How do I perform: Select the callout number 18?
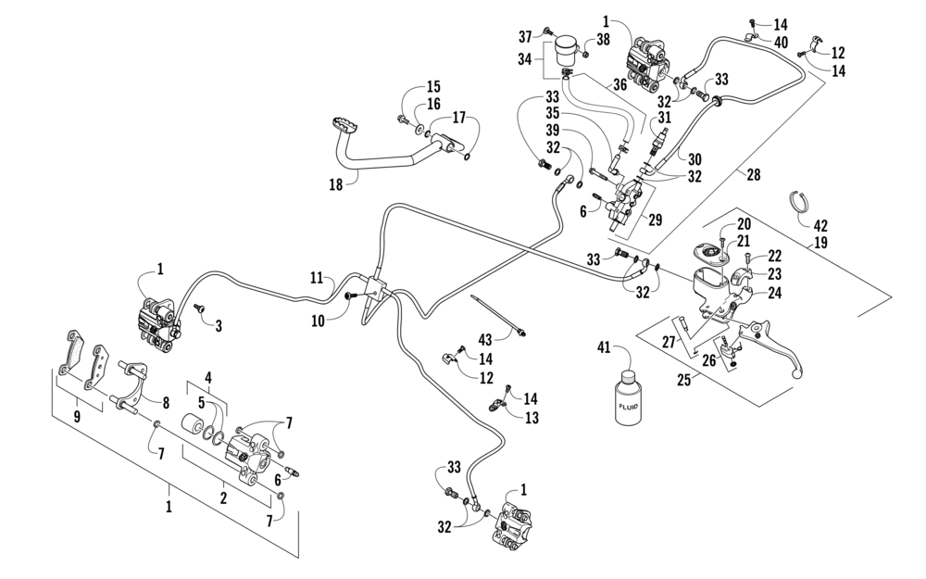tap(336, 183)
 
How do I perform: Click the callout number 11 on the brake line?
tap(317, 277)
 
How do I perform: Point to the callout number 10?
tap(318, 321)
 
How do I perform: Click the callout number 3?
tap(219, 326)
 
